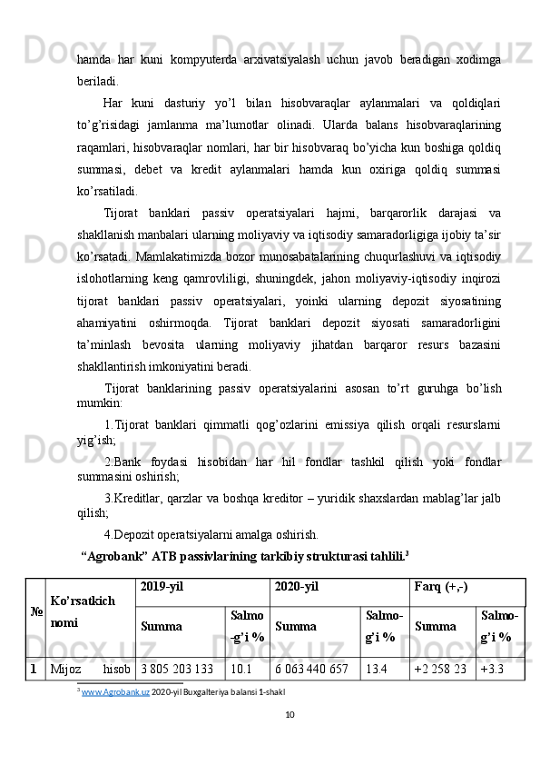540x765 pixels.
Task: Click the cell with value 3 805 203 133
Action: (x=177, y=670)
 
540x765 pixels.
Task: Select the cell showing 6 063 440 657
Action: (x=311, y=670)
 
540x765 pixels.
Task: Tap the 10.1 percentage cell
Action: (x=241, y=670)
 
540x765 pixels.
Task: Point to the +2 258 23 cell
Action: (x=442, y=670)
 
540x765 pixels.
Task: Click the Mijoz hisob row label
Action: (x=90, y=670)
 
